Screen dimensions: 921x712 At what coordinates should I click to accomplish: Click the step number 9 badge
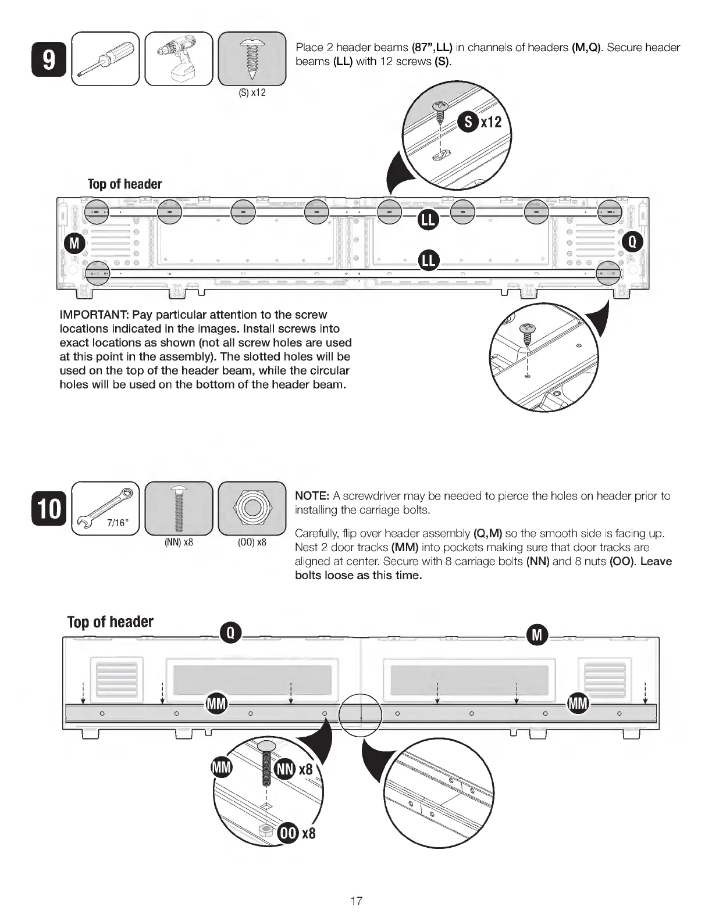point(49,60)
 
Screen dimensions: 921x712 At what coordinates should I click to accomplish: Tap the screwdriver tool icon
point(105,59)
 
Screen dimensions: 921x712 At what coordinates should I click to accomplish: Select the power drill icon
point(179,59)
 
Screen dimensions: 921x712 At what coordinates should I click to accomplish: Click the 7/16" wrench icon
point(105,508)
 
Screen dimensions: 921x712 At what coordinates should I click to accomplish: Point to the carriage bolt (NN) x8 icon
point(179,508)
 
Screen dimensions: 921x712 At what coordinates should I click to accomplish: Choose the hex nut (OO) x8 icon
point(252,508)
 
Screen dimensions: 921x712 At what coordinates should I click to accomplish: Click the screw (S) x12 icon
point(252,59)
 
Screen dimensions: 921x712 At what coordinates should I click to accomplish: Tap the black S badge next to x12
point(468,123)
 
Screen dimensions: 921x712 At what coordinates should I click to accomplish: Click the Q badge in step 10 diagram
point(230,634)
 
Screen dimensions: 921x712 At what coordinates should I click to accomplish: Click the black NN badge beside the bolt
point(285,769)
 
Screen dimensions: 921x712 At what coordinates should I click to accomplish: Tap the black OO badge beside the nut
point(289,833)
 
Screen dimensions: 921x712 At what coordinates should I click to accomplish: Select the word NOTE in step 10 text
point(312,496)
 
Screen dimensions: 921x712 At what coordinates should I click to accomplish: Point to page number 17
point(356,901)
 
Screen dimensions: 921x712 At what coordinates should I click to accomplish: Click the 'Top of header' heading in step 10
point(111,622)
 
